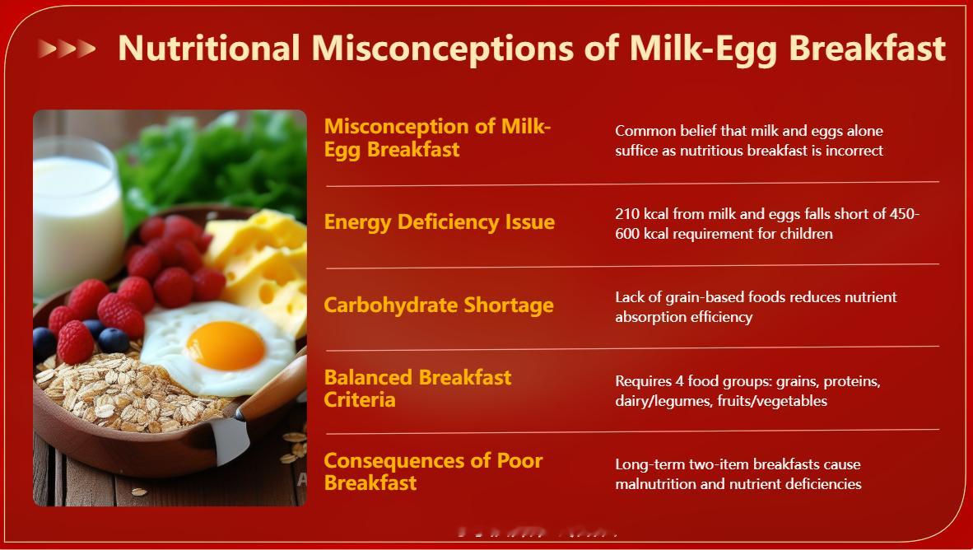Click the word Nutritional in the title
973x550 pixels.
click(x=209, y=48)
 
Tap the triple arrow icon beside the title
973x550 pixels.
click(x=67, y=49)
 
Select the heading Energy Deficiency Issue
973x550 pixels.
click(x=440, y=222)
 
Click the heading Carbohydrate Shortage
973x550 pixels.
click(x=439, y=305)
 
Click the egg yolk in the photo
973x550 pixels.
click(x=226, y=345)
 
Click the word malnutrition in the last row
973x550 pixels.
click(x=655, y=484)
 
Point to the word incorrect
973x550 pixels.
click(x=854, y=150)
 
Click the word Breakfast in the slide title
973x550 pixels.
click(x=867, y=48)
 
